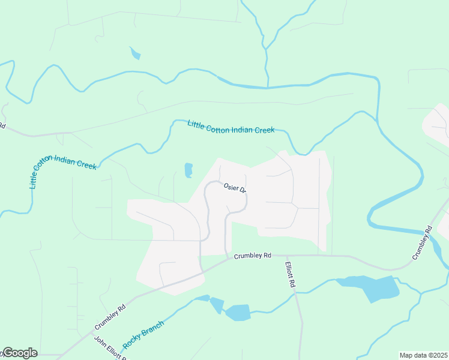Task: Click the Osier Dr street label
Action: (235, 188)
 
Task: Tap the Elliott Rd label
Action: (291, 274)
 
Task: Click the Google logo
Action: (19, 353)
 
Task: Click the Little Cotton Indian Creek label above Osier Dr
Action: (231, 127)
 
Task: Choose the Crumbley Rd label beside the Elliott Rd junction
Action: (253, 255)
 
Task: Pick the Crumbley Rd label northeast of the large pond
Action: (423, 243)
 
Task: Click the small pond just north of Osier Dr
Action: (188, 170)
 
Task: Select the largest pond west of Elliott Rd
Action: (238, 312)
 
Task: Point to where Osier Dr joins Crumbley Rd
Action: (228, 258)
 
